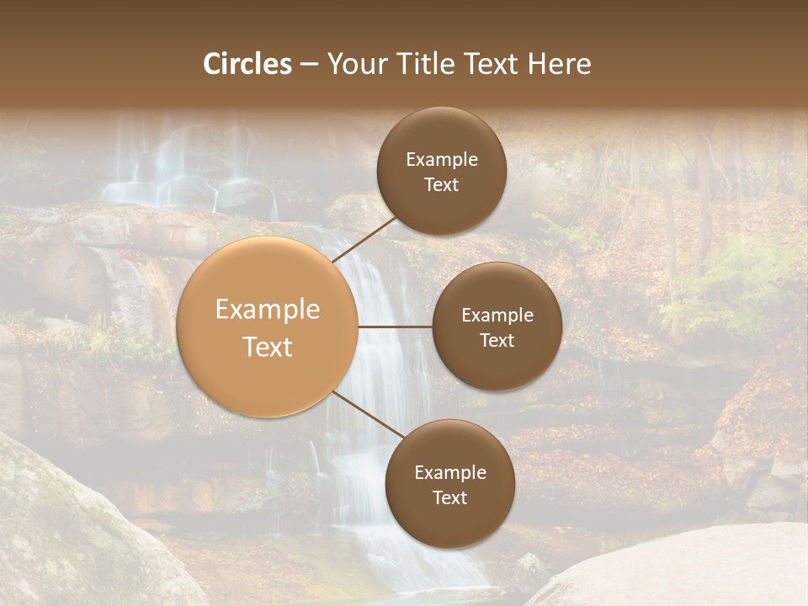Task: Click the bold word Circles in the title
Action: click(x=247, y=64)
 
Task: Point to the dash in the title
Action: click(x=309, y=65)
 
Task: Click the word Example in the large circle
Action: click(x=268, y=310)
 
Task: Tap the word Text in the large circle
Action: click(x=268, y=347)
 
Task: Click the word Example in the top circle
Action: click(x=442, y=160)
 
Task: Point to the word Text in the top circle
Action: click(x=441, y=185)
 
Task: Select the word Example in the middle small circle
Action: click(x=497, y=316)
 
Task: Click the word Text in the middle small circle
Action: click(x=497, y=340)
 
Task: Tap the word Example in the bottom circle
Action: click(x=450, y=473)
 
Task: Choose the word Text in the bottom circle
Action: click(x=449, y=497)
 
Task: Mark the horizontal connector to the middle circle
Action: click(x=396, y=327)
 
